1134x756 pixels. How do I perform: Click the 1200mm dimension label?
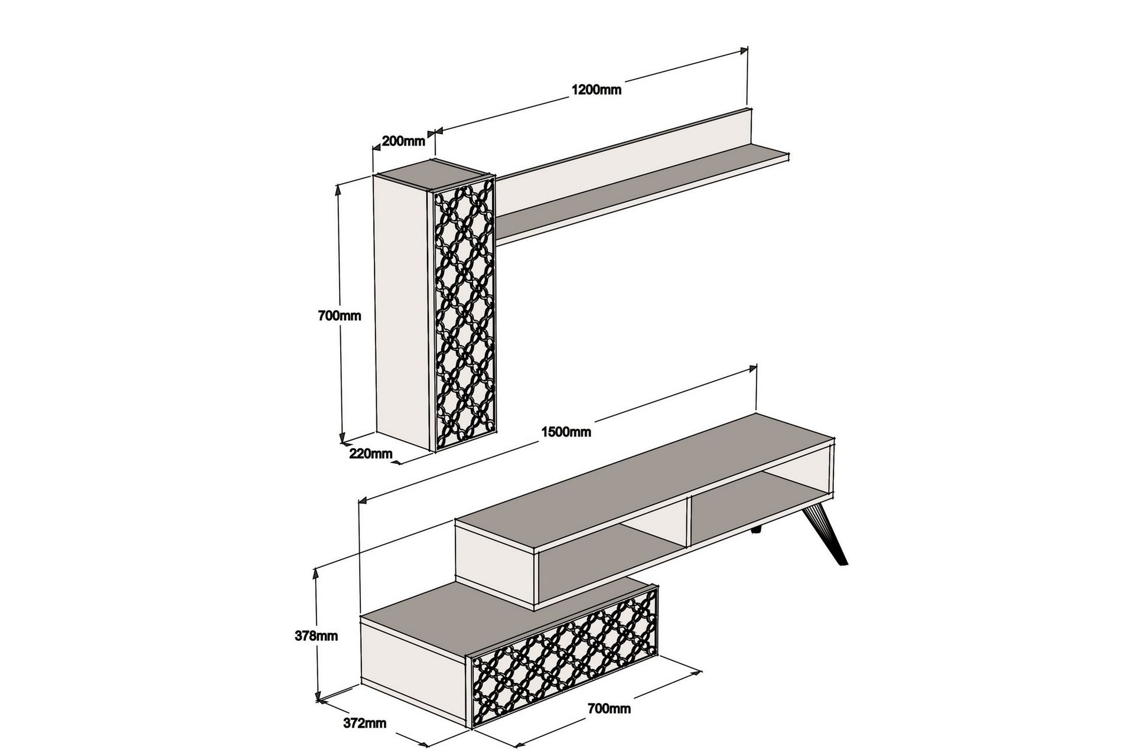click(x=596, y=90)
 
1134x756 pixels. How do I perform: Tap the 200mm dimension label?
click(x=403, y=141)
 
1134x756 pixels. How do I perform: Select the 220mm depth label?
click(x=370, y=454)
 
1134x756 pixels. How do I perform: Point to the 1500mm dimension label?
click(x=566, y=432)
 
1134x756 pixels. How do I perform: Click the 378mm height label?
click(x=316, y=636)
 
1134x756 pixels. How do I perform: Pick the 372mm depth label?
click(x=364, y=723)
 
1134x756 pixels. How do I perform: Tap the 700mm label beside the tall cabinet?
click(x=340, y=316)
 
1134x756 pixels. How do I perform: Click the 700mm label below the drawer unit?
click(x=609, y=709)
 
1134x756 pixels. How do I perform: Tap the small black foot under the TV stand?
click(x=756, y=532)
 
